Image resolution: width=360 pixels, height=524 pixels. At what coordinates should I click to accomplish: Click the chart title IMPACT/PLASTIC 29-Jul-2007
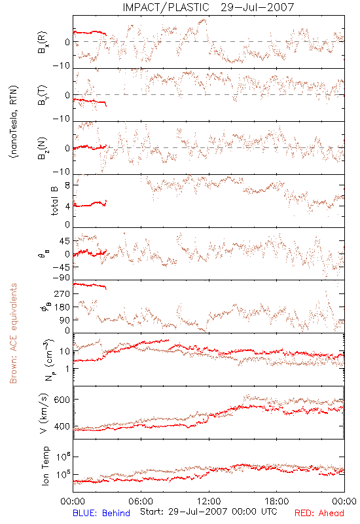pos(208,7)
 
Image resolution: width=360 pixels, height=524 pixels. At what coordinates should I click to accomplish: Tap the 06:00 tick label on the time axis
pos(141,501)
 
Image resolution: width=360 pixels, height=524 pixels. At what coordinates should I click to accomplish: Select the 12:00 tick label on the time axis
pos(209,501)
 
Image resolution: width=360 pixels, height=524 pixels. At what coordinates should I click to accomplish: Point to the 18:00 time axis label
pos(277,501)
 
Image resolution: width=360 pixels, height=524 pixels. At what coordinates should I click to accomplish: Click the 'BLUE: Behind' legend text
pos(101,513)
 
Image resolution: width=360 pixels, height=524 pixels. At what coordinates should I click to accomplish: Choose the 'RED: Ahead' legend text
pos(319,513)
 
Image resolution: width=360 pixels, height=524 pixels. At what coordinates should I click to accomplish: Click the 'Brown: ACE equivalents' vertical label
pos(13,333)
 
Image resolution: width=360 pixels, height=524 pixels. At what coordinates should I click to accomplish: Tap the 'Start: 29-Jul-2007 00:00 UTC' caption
pos(208,512)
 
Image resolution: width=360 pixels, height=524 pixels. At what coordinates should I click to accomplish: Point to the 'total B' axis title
pos(54,200)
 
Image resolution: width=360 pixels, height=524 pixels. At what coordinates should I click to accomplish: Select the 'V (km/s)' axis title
pos(44,413)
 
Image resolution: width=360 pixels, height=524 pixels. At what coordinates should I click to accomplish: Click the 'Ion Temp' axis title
pos(45,466)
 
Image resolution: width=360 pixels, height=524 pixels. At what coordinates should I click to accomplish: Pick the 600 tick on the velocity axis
pos(62,400)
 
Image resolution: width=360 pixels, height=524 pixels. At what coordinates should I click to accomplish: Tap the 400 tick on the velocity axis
pos(62,426)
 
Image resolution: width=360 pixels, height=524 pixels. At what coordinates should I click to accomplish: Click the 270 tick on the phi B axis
pos(62,293)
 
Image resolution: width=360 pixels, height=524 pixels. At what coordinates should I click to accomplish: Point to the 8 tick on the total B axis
pos(67,185)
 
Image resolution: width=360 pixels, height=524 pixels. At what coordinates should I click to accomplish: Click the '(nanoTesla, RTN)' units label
pos(14,122)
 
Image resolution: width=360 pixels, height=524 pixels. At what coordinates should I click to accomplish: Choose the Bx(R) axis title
pos(43,42)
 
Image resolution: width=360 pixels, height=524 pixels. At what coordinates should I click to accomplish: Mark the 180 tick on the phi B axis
pos(62,307)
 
